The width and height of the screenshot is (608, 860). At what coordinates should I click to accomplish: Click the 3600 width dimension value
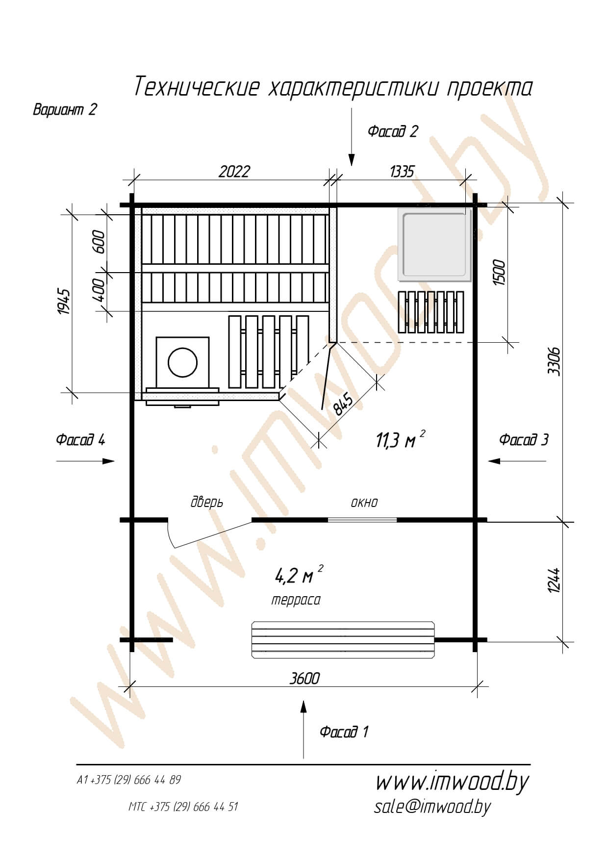coord(304,678)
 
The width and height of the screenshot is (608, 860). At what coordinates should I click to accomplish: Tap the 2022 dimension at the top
coord(234,172)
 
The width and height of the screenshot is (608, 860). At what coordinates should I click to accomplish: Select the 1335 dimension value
coord(402,172)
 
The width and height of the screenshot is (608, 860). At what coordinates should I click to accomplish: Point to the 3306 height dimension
coord(554,361)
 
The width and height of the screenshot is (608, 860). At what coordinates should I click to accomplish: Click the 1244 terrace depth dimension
coord(554,581)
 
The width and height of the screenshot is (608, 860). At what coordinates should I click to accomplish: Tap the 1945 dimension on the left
coord(64,302)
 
